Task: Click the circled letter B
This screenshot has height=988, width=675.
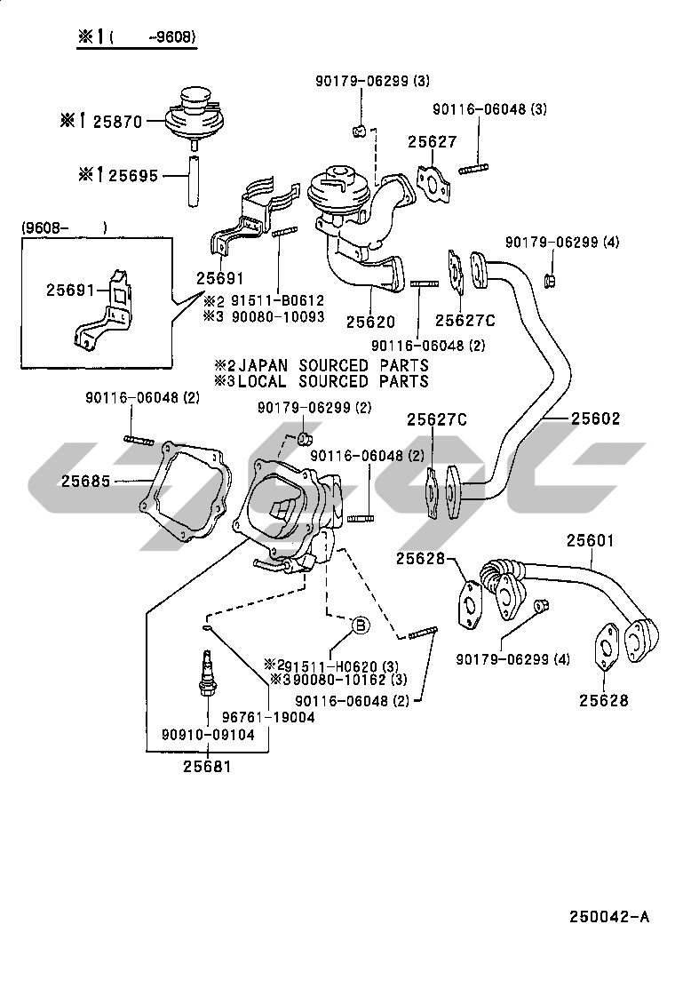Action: pos(361,625)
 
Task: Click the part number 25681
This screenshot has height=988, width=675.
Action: pos(208,766)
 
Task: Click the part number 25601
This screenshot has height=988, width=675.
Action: pos(586,540)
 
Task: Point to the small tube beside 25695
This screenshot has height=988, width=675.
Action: pos(192,177)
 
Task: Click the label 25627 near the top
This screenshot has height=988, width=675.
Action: pos(433,142)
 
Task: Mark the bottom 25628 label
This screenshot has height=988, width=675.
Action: pos(604,700)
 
